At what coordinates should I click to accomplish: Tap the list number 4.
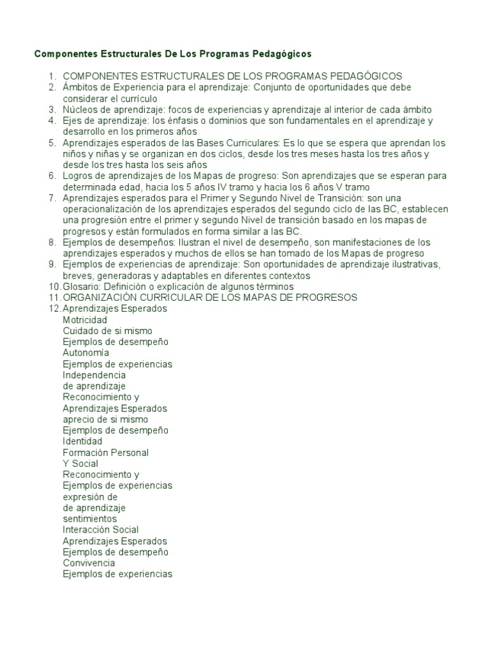(x=52, y=121)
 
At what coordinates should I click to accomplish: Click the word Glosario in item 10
(x=80, y=287)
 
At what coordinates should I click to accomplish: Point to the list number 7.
(x=52, y=198)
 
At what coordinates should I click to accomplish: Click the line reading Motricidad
(x=85, y=320)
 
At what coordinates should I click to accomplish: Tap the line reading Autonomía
(x=85, y=353)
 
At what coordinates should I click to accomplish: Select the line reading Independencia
(x=94, y=376)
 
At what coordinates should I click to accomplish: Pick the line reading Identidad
(x=82, y=441)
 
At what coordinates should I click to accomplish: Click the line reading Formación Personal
(x=105, y=453)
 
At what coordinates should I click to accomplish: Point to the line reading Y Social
(x=80, y=464)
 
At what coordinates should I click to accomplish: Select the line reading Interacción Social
(x=101, y=530)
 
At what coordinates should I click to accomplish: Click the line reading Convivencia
(x=89, y=563)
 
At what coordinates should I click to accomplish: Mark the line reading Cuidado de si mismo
(x=107, y=331)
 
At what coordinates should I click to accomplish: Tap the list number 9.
(x=52, y=264)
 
